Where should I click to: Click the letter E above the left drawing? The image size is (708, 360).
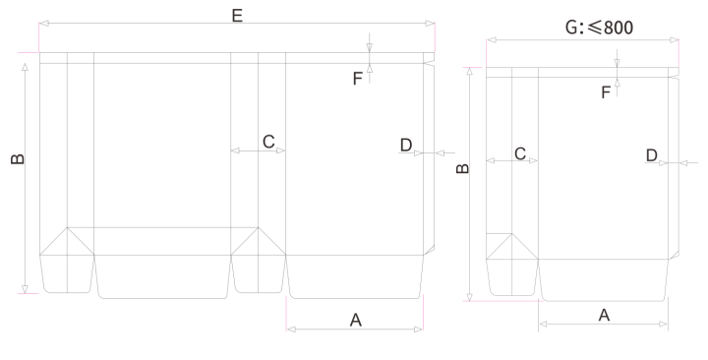coord(237,16)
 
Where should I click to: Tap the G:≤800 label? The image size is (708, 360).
coord(599,28)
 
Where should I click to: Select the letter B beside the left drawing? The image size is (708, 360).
coord(18,159)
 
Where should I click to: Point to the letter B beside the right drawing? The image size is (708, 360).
coord(463,168)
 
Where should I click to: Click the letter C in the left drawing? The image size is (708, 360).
coord(268,142)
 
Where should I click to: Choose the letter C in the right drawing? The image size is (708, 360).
coord(520,154)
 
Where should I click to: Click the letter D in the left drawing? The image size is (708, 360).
coord(406,146)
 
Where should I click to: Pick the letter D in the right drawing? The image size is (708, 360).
coord(652,155)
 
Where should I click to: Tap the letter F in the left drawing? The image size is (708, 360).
coord(357,79)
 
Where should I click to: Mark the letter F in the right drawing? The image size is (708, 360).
coord(606,92)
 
